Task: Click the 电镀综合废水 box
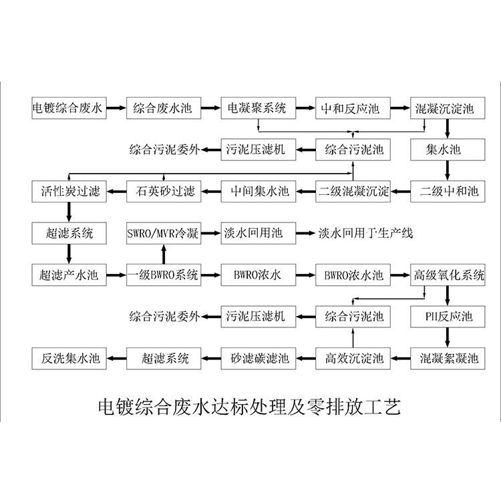tap(69, 108)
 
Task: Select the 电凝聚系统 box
tap(258, 108)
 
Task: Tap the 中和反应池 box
tap(353, 108)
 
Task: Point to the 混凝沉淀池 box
tap(448, 108)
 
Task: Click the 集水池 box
tap(448, 150)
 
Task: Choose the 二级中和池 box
tap(448, 192)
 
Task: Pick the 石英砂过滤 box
tap(164, 192)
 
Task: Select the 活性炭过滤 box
tap(69, 192)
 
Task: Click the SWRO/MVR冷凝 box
tap(164, 233)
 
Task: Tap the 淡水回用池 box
tap(258, 233)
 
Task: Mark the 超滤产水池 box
tap(69, 275)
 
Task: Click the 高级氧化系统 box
tap(448, 275)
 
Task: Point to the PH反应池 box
tap(448, 317)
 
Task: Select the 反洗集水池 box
tap(69, 359)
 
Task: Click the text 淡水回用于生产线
tap(365, 233)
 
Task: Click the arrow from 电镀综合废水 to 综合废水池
tap(116, 108)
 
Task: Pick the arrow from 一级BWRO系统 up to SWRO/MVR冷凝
tap(164, 254)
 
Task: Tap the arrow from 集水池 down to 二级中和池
tap(448, 170)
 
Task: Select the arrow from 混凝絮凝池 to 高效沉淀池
tap(400, 359)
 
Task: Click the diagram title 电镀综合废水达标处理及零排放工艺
tap(249, 406)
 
